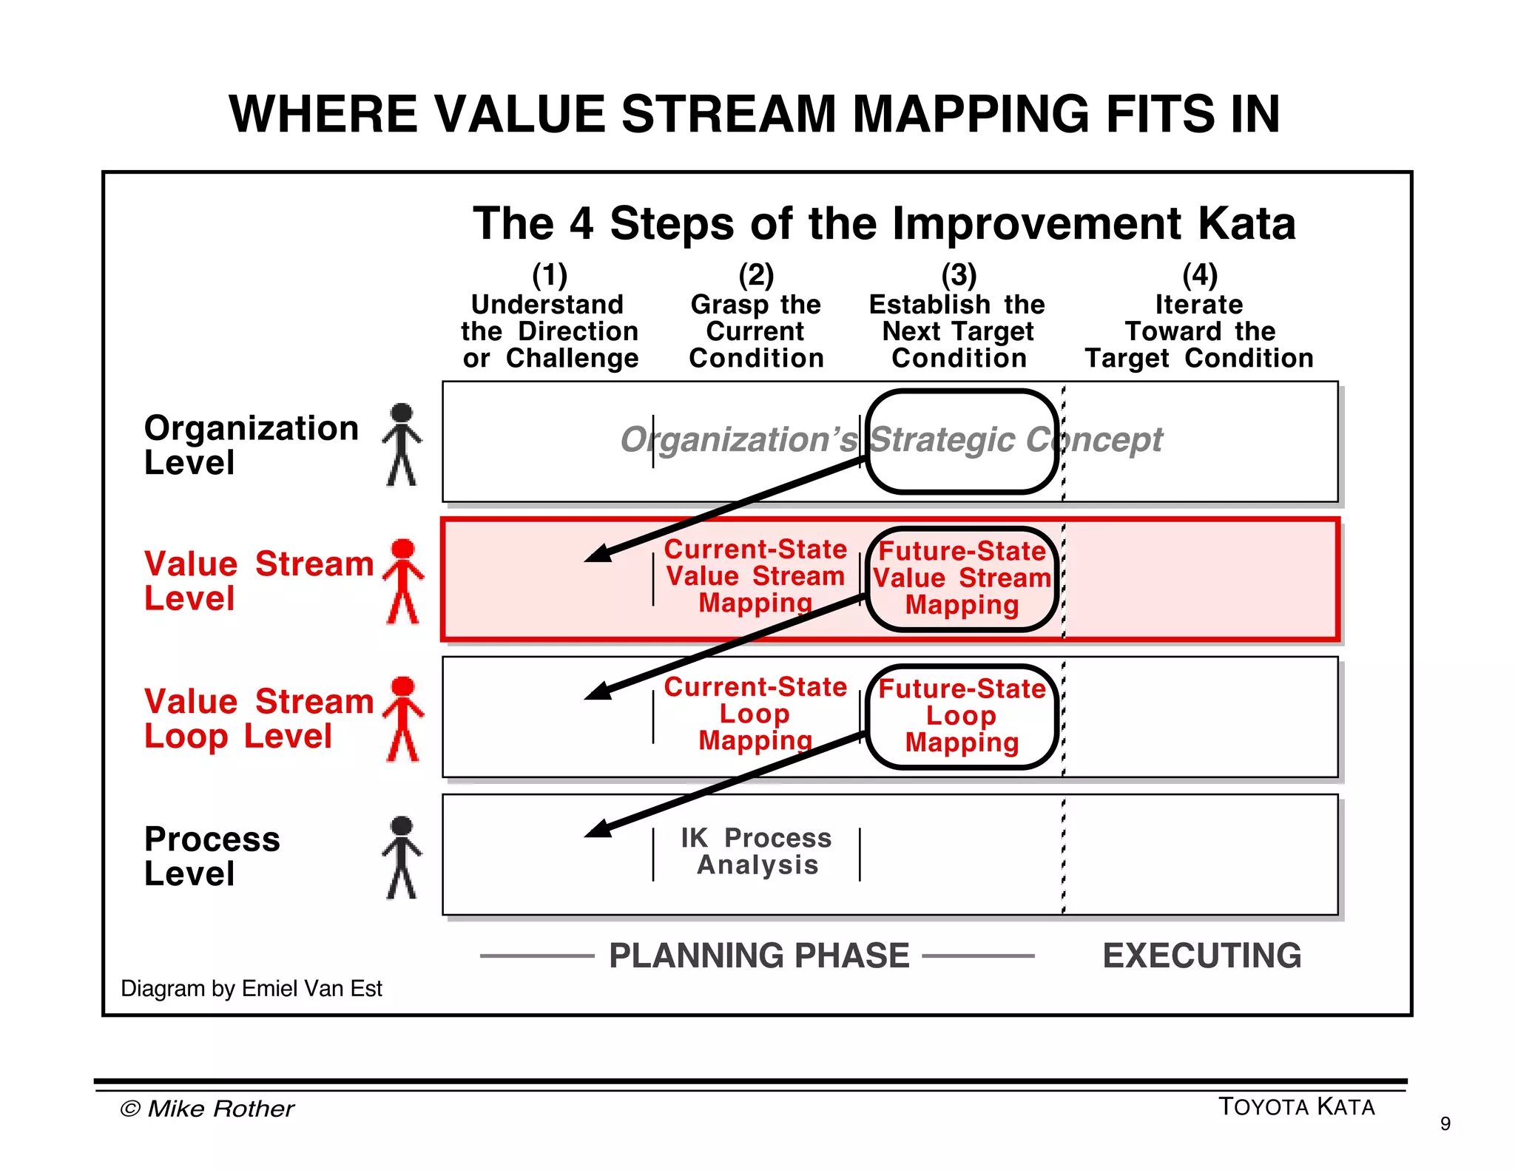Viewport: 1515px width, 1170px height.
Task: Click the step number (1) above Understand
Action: click(550, 276)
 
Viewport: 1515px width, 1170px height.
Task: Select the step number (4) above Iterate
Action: click(1199, 276)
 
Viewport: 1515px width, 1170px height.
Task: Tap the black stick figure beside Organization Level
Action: click(402, 444)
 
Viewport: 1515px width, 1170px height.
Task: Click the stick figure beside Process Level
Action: click(402, 857)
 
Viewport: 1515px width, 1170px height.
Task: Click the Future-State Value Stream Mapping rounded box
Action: click(962, 578)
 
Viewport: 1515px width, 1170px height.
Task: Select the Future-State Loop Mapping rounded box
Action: click(962, 716)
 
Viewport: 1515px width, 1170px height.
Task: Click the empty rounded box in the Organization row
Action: click(962, 442)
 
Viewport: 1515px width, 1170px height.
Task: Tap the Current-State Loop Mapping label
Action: click(755, 714)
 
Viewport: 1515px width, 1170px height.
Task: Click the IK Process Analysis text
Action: click(757, 851)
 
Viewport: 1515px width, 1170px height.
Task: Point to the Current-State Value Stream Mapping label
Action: click(755, 576)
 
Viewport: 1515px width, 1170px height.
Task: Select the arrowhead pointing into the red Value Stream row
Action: click(598, 553)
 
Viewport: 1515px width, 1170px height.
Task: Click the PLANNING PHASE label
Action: click(759, 956)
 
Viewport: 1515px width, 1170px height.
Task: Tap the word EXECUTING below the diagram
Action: click(1201, 956)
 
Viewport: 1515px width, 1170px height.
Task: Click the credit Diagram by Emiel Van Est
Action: click(252, 989)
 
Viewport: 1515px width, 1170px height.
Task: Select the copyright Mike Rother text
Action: click(207, 1109)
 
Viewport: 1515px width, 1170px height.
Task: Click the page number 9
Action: click(1445, 1124)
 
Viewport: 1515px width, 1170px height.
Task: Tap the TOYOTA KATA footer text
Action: click(1296, 1107)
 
